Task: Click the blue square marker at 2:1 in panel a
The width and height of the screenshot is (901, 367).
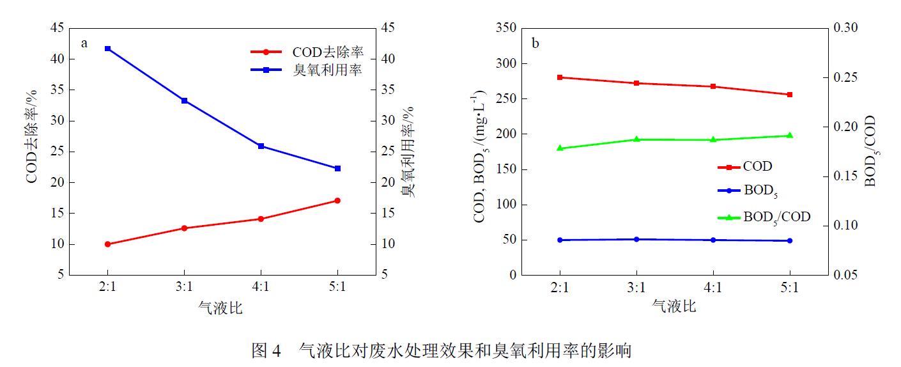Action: pyautogui.click(x=107, y=49)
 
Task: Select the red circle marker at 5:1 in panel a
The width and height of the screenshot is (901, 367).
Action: pyautogui.click(x=337, y=201)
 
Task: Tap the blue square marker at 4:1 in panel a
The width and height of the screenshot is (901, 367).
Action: pyautogui.click(x=261, y=146)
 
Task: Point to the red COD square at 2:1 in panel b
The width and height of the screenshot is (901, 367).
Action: pyautogui.click(x=560, y=77)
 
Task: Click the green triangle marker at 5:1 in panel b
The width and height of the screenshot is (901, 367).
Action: pyautogui.click(x=790, y=136)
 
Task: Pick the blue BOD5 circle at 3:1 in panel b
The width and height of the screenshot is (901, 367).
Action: pyautogui.click(x=636, y=239)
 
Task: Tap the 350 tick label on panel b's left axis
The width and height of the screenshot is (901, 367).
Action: pyautogui.click(x=504, y=28)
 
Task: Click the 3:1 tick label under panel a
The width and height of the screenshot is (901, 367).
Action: pyautogui.click(x=184, y=288)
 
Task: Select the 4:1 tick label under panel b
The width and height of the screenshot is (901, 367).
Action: pyautogui.click(x=713, y=288)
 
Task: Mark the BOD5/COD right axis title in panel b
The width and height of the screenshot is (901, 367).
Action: pyautogui.click(x=870, y=152)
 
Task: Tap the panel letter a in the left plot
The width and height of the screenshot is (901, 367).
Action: pyautogui.click(x=84, y=43)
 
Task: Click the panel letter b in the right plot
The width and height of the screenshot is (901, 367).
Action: pyautogui.click(x=535, y=43)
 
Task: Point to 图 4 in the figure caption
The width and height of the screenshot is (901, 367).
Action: pyautogui.click(x=266, y=350)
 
